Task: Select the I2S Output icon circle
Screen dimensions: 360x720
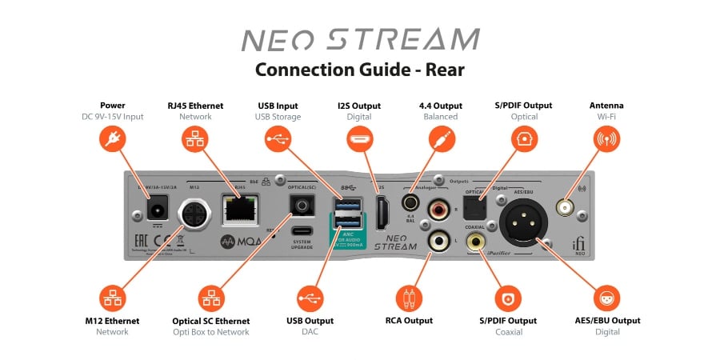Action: pos(359,139)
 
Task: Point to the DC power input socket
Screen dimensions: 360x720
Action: pos(158,211)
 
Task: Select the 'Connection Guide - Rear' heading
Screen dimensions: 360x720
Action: pos(359,70)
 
